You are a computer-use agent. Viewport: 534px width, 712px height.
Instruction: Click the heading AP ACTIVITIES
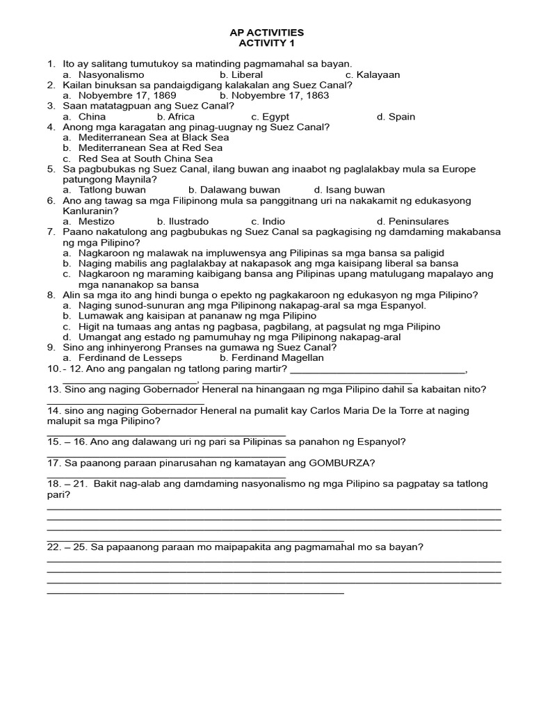tap(266, 33)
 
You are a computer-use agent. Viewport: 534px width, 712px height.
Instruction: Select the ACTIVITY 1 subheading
tap(266, 43)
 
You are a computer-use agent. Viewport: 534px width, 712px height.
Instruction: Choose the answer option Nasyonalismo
tap(111, 74)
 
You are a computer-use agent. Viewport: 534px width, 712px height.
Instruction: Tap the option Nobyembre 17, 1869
tap(127, 95)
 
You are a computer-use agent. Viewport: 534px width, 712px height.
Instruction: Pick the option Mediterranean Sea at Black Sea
tap(154, 138)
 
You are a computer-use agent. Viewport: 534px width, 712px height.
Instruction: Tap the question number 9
tap(51, 348)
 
